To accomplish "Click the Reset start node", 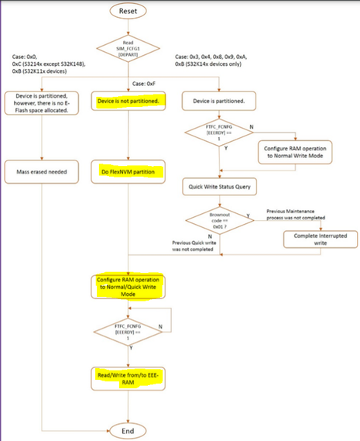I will point(127,11).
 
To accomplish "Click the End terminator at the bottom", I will point(127,429).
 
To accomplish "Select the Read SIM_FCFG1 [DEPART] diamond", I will point(127,48).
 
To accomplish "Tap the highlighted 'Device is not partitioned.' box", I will point(127,102).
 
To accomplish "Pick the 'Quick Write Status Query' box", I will point(220,187).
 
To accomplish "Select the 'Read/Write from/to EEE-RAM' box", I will point(127,377).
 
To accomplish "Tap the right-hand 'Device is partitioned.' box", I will point(220,102).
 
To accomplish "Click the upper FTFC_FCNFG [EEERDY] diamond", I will point(220,132).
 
